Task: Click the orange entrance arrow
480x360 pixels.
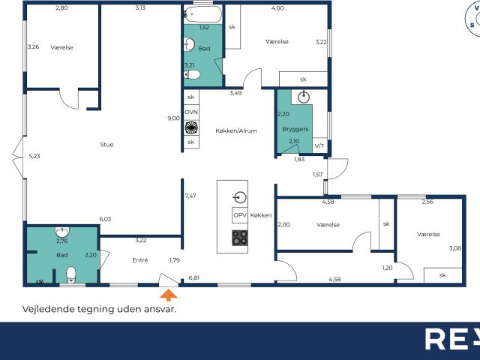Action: (x=170, y=295)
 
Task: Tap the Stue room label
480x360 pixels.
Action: (x=106, y=144)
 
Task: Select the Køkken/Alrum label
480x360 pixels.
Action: (x=235, y=130)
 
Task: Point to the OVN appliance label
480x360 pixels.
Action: (x=190, y=112)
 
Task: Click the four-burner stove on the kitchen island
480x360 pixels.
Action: (x=240, y=238)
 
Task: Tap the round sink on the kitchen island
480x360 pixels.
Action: (x=240, y=198)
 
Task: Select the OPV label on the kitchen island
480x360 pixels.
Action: (x=240, y=215)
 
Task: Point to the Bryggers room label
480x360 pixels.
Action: (x=295, y=129)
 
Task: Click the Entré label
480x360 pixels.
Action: (x=139, y=260)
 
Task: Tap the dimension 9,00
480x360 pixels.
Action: (x=173, y=118)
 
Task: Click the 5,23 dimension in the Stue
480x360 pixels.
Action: (x=34, y=156)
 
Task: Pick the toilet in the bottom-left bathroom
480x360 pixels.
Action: (x=71, y=274)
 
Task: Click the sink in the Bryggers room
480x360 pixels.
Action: (x=304, y=96)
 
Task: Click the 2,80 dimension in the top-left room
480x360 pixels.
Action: (x=61, y=7)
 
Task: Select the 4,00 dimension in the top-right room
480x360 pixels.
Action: (x=277, y=8)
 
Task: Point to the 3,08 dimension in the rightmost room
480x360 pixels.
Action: (x=454, y=248)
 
